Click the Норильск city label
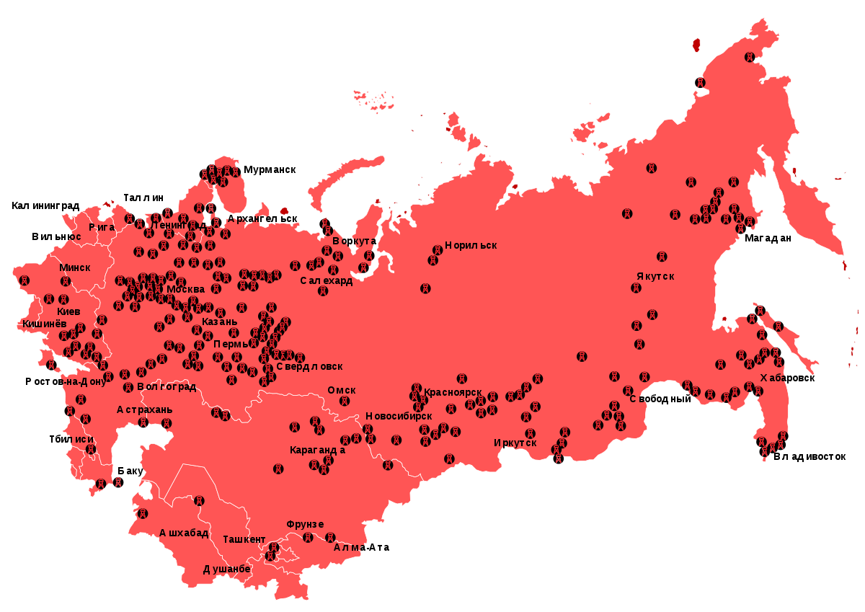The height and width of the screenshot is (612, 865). (x=471, y=245)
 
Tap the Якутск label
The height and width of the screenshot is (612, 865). (x=655, y=276)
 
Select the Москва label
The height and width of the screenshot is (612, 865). (x=185, y=290)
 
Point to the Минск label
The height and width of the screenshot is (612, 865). (x=75, y=267)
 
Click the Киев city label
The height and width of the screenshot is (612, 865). (x=68, y=311)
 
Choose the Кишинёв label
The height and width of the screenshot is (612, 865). (x=44, y=324)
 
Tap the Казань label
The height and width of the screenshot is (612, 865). (x=219, y=321)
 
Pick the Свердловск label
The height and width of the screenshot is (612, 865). (x=304, y=366)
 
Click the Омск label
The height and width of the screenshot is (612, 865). (x=342, y=390)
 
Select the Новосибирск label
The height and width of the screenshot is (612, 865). (x=399, y=416)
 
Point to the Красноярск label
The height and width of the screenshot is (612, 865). (x=453, y=393)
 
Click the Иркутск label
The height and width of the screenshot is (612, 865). (x=515, y=443)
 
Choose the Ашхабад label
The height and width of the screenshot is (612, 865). (x=184, y=533)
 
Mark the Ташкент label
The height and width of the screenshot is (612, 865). (x=244, y=539)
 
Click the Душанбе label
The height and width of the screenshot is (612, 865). (x=226, y=569)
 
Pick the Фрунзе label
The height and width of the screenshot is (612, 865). (x=305, y=524)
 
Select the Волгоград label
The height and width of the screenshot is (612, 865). (x=167, y=386)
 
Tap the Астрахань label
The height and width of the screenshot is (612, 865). (x=144, y=409)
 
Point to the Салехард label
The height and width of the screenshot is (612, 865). (x=327, y=280)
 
